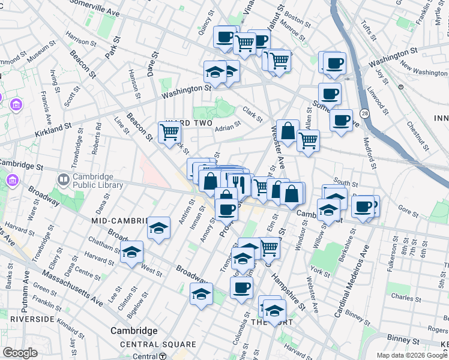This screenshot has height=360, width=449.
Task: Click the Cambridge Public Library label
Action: pos(98,181)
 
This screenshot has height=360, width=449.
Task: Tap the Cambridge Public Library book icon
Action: pos(63,179)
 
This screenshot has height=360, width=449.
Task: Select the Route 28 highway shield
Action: pos(365,113)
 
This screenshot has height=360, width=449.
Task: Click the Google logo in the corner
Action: pos(20,353)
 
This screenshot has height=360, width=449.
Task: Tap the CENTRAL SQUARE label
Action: pos(158,344)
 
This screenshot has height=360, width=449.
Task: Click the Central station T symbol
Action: pos(163,356)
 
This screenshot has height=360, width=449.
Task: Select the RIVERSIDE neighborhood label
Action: pos(28,319)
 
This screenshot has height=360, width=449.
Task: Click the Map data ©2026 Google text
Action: pos(412,355)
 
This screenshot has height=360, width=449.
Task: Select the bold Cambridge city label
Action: pos(134,331)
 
